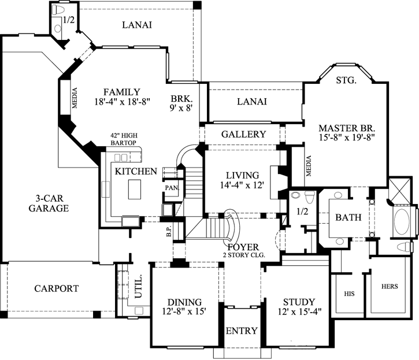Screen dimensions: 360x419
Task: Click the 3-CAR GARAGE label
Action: tap(49, 203)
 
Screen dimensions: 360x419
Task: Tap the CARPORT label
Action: tap(56, 288)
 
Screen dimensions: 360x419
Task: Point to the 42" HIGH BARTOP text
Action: tap(127, 139)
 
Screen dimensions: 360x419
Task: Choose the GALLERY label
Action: tap(243, 134)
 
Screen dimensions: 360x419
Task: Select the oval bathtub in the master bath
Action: tap(403, 223)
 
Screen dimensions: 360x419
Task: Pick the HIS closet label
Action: tap(348, 294)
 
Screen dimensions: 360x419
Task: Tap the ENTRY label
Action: tap(242, 331)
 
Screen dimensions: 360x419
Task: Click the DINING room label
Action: tap(184, 302)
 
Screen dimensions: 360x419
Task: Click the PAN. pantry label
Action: tap(172, 188)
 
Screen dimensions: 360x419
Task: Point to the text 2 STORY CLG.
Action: tap(243, 255)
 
